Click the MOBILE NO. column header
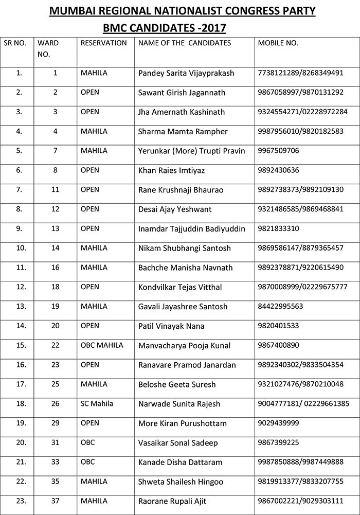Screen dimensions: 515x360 pyautogui.click(x=278, y=43)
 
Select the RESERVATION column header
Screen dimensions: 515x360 pyautogui.click(x=103, y=43)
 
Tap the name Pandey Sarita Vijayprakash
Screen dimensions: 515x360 pyautogui.click(x=186, y=73)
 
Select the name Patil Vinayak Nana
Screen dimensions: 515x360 pyautogui.click(x=171, y=326)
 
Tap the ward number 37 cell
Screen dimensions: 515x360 pyautogui.click(x=56, y=501)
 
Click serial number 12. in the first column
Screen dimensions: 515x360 pyautogui.click(x=19, y=287)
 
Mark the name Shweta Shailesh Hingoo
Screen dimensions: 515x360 pyautogui.click(x=181, y=482)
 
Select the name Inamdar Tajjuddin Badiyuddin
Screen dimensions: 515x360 pyautogui.click(x=191, y=228)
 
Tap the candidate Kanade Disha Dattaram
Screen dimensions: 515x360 pyautogui.click(x=179, y=462)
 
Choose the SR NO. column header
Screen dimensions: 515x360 pyautogui.click(x=15, y=43)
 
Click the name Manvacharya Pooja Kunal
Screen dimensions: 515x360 pyautogui.click(x=184, y=345)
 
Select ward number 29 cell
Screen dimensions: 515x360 pyautogui.click(x=56, y=423)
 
